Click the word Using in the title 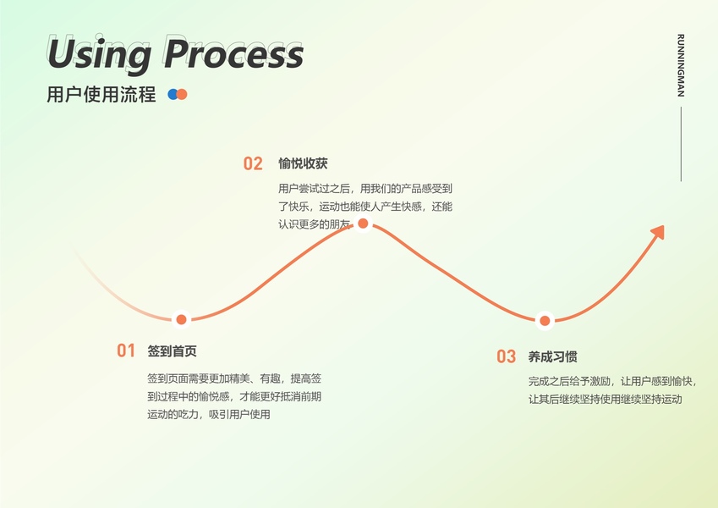[x=100, y=54]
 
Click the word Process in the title [x=233, y=54]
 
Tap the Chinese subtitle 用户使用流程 [x=101, y=95]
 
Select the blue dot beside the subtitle [x=173, y=95]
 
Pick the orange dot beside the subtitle [x=181, y=95]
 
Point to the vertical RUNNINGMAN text [x=681, y=66]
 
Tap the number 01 [x=126, y=351]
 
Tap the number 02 [x=253, y=164]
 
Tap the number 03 [x=506, y=357]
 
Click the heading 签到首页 [x=172, y=351]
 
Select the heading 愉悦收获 [x=303, y=163]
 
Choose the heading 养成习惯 [x=552, y=356]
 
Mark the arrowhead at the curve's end [x=657, y=231]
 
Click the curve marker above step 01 [x=181, y=319]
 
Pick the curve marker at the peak [x=363, y=224]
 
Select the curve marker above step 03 [x=545, y=320]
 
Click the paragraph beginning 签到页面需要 [x=233, y=395]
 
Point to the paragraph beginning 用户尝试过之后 [x=365, y=206]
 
